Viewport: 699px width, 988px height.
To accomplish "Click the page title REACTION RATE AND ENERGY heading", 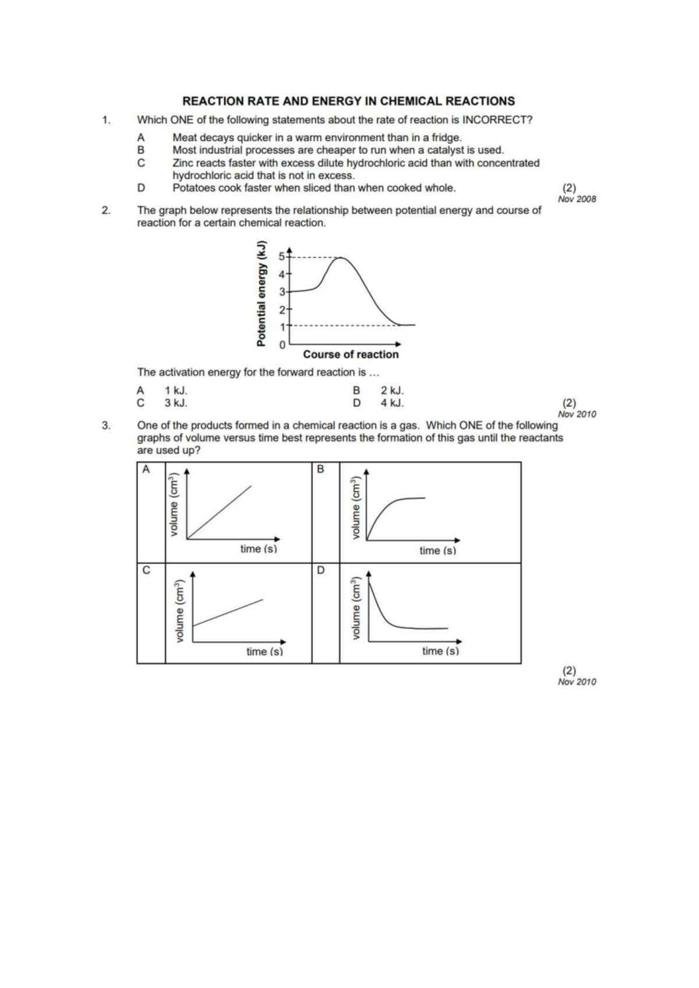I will pos(348,101).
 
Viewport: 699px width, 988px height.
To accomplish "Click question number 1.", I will pos(105,121).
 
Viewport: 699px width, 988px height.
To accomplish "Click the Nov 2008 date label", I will pos(577,199).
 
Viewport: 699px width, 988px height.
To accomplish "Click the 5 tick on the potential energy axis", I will pos(282,256).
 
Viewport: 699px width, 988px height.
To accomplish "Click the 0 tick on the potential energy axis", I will pos(282,345).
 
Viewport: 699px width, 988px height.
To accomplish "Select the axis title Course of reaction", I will pos(351,355).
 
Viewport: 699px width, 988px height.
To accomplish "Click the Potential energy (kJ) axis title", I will pos(262,294).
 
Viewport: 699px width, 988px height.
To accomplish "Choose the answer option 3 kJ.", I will pos(175,403).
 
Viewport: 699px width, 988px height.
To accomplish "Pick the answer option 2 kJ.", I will pos(392,390).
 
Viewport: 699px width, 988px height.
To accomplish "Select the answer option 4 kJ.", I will pos(392,403).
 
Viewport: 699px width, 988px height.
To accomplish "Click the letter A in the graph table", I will pos(146,469).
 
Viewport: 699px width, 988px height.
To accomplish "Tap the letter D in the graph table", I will pos(320,570).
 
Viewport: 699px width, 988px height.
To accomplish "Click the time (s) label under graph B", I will pos(437,551).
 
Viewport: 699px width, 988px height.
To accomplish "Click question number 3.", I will pos(105,426).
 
